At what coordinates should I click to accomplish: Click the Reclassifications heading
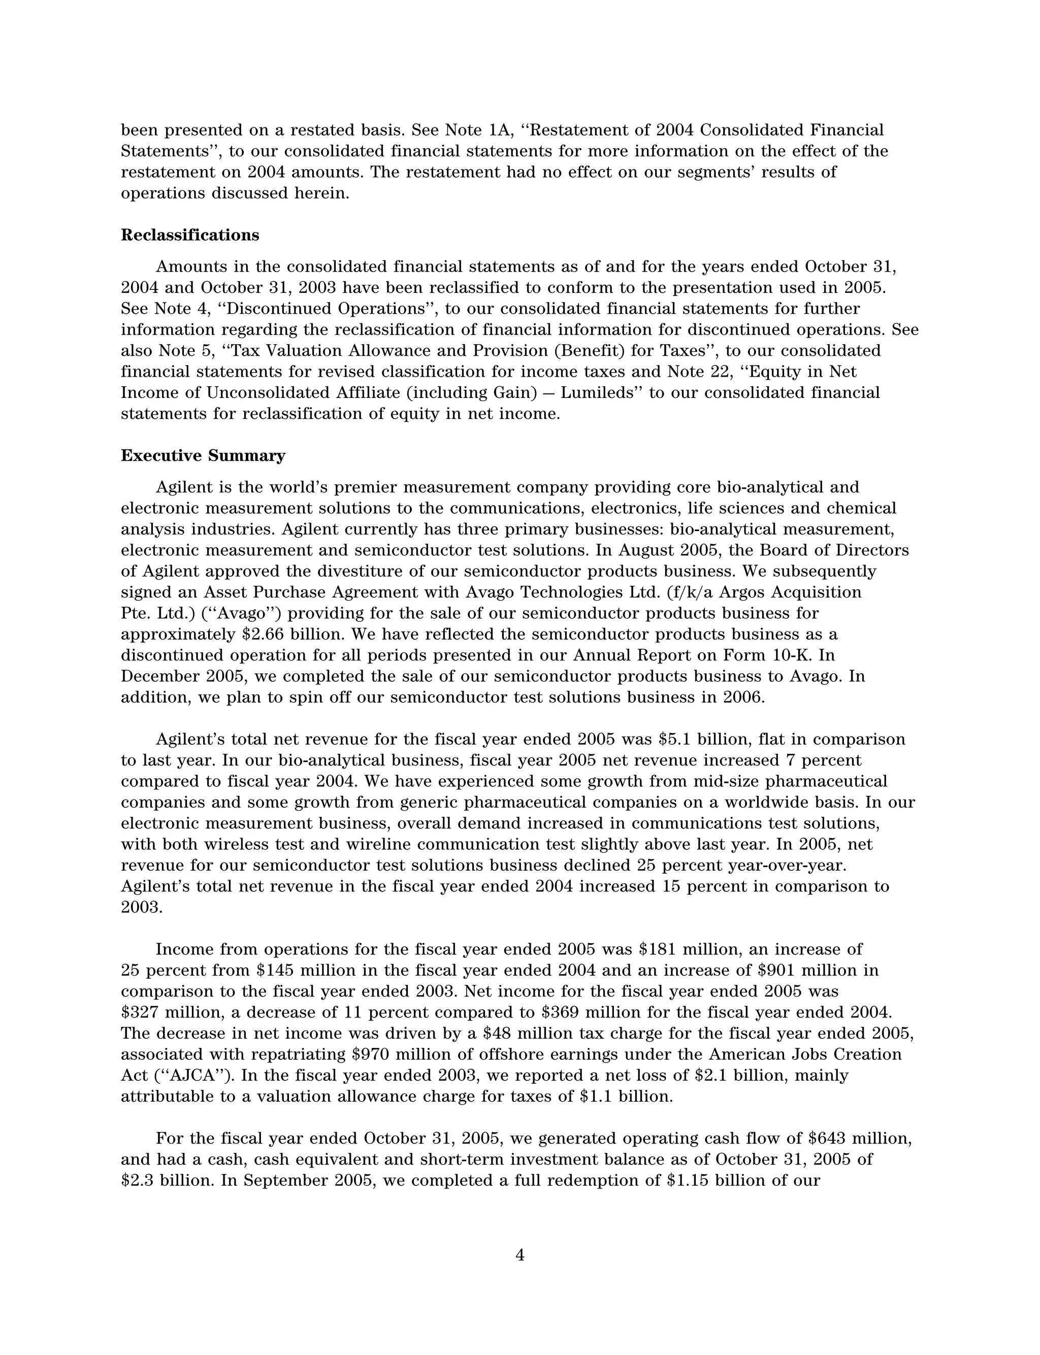189,235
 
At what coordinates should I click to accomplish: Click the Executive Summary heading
203,456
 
